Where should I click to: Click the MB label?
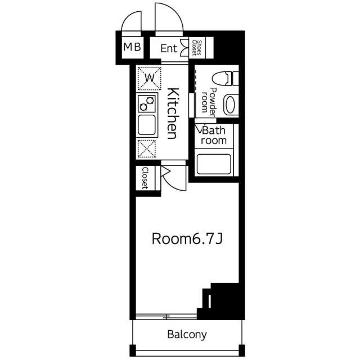pos(132,47)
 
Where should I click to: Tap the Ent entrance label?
pos(169,48)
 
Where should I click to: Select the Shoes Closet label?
pos(197,48)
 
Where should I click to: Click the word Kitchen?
pos(173,114)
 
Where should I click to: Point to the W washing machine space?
pos(149,78)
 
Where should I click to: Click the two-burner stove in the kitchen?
pos(147,103)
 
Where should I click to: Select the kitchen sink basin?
pos(147,125)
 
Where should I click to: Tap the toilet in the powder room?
pos(225,79)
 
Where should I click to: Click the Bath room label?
pos(214,136)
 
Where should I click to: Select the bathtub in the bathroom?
pos(214,164)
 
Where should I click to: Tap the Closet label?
pos(145,178)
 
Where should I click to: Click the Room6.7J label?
pos(187,238)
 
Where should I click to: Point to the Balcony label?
pos(187,335)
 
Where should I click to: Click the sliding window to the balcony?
pos(166,317)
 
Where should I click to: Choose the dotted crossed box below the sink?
pos(147,148)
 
